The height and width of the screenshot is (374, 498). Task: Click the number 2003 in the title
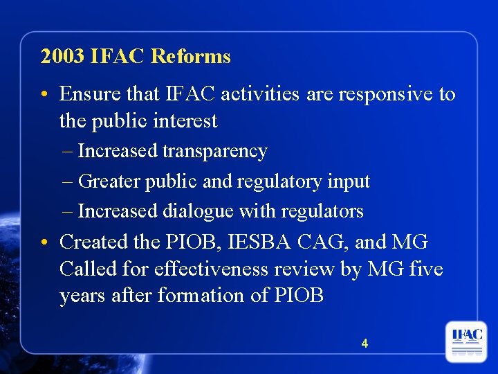62,56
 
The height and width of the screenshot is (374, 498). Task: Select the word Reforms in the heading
190,56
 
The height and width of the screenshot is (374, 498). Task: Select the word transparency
215,151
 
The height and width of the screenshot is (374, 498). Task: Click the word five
425,269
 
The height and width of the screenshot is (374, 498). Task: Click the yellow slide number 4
365,343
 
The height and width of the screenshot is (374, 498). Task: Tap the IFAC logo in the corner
466,340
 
